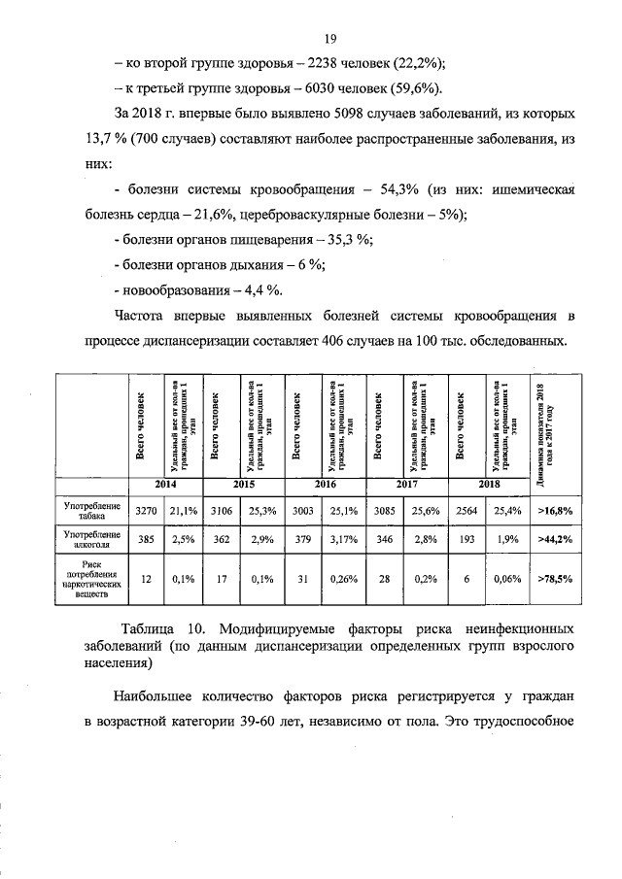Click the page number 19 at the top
pyautogui.click(x=330, y=38)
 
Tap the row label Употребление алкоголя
pyautogui.click(x=92, y=539)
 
